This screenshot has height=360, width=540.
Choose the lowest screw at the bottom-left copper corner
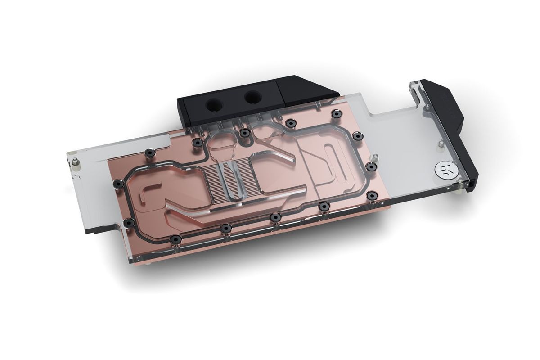[x=173, y=239]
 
